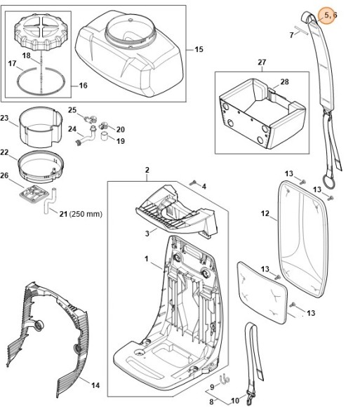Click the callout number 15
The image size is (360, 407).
[199, 49]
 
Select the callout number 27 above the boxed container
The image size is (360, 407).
[262, 62]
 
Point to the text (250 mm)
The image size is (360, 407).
[86, 214]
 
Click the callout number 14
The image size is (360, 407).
[95, 385]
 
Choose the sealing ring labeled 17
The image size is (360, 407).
[41, 81]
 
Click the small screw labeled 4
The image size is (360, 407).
[193, 183]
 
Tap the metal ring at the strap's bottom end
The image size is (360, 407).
[328, 181]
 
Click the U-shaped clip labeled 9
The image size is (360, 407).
[225, 379]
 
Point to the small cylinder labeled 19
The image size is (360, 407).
[105, 135]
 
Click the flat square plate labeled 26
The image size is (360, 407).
[34, 194]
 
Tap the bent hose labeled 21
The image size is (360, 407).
[50, 201]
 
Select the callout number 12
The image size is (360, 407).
[265, 213]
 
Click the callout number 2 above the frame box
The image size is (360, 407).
[147, 170]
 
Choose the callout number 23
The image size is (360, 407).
[4, 118]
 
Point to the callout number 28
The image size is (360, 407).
[284, 82]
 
